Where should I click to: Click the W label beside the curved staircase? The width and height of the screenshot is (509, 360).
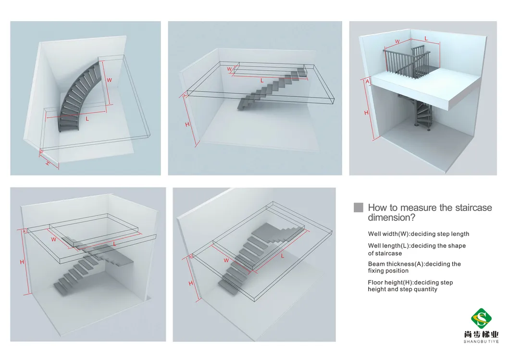click(109, 80)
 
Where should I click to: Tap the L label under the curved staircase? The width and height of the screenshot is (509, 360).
click(87, 118)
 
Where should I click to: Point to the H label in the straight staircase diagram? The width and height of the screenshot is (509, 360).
click(187, 124)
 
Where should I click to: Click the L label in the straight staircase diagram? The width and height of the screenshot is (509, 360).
click(261, 81)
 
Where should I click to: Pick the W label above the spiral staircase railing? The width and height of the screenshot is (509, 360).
click(397, 41)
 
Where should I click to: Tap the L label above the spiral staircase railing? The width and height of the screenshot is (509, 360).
click(426, 38)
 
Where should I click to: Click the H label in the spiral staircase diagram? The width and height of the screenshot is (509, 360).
click(366, 112)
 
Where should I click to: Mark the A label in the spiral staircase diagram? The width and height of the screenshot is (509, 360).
click(368, 82)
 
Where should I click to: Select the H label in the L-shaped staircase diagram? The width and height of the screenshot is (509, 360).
click(22, 262)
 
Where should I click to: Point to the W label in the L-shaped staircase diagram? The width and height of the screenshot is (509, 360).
click(53, 239)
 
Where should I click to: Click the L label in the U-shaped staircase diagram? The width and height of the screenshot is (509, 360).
click(282, 256)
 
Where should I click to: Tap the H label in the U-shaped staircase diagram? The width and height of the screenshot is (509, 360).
click(191, 283)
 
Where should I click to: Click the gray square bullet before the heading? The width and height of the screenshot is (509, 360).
click(358, 208)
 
